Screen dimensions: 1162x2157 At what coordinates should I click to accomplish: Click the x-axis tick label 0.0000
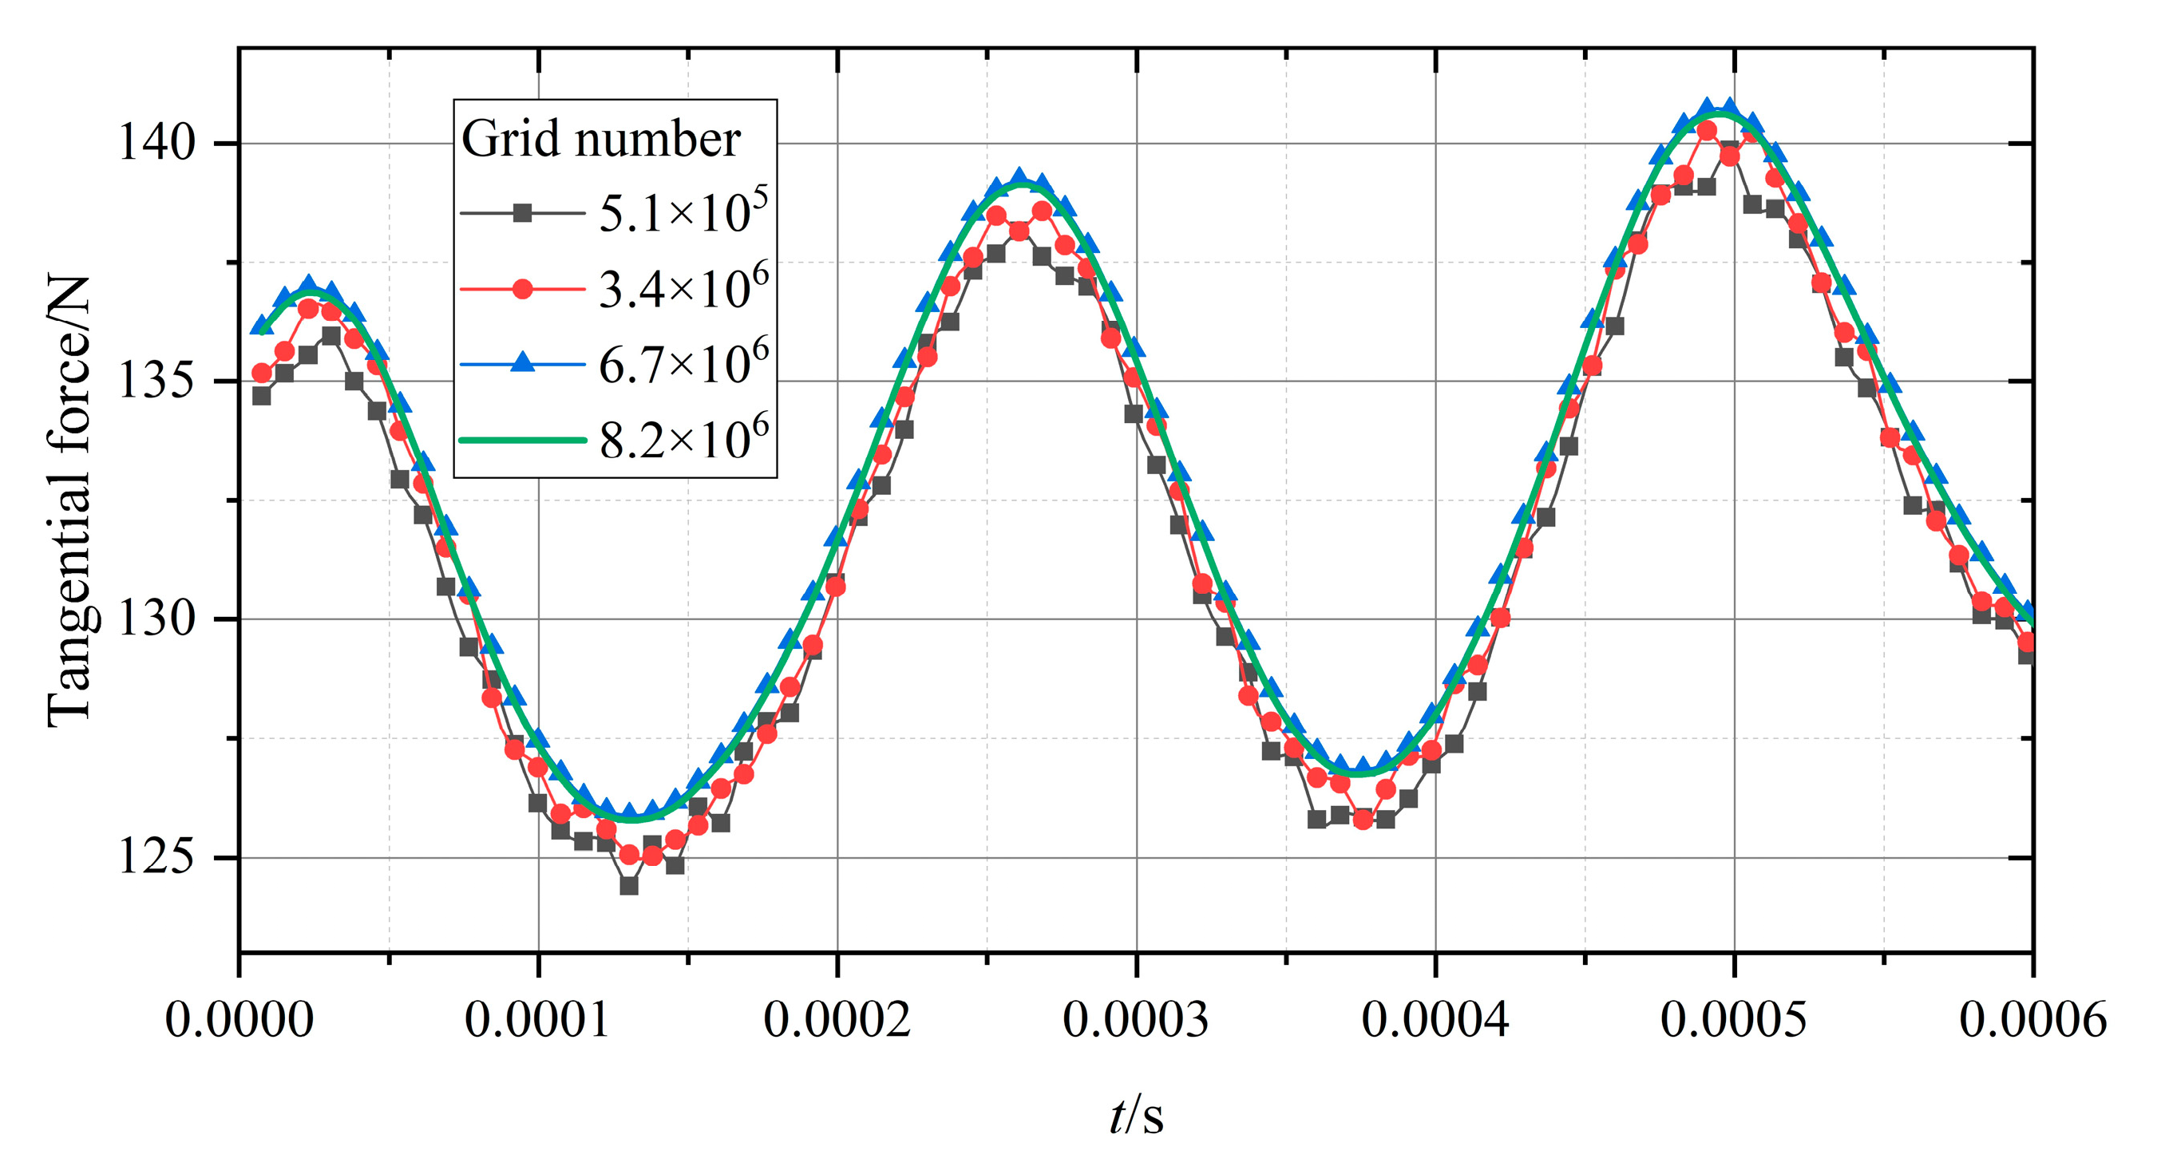coord(239,1021)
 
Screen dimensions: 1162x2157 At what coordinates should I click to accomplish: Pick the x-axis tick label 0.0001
coord(537,1021)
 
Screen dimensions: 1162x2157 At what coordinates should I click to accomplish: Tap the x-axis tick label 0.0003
coord(1136,1021)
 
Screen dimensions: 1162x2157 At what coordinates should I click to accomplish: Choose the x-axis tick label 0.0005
coord(1734,1021)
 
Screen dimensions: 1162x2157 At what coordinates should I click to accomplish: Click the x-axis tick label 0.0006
coord(2033,1021)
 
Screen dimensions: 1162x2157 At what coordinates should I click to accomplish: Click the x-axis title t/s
coord(1136,1116)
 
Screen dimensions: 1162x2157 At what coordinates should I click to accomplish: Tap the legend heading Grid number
coord(600,138)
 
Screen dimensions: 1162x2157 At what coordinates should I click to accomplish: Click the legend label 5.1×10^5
coord(683,212)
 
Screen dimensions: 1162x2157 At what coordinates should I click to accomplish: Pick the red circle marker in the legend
coord(523,290)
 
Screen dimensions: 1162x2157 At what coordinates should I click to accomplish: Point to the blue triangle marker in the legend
coord(523,362)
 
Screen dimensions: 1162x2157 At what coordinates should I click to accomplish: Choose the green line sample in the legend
coord(523,440)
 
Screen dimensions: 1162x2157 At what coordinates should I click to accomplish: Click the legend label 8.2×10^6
coord(683,440)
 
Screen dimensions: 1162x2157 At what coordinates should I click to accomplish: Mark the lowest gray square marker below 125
coord(629,886)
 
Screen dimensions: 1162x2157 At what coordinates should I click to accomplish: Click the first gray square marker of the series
coord(261,395)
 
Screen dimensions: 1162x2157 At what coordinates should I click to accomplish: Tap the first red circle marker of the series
coord(262,373)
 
